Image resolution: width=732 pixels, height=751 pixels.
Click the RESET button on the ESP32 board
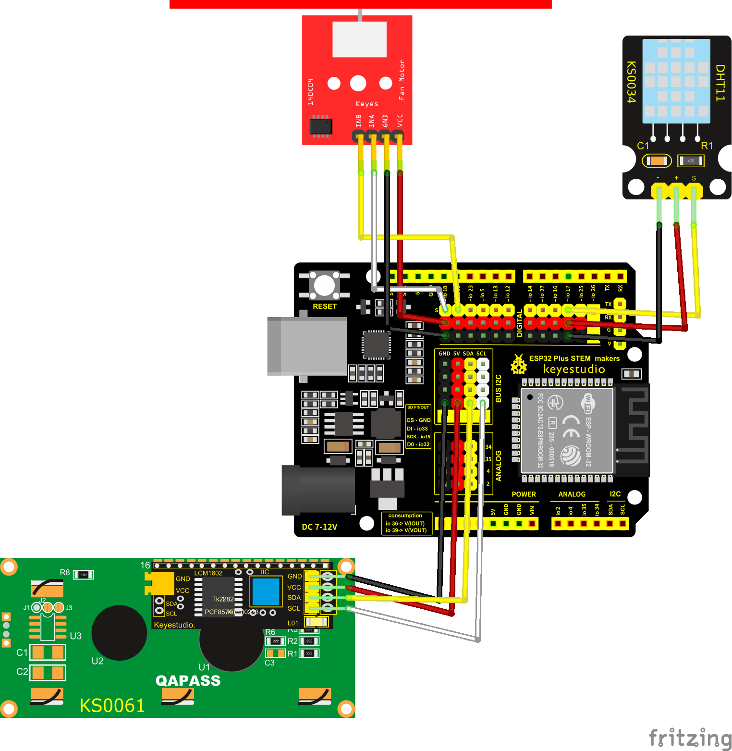pyautogui.click(x=324, y=285)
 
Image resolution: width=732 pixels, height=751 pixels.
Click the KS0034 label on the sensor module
pyautogui.click(x=631, y=82)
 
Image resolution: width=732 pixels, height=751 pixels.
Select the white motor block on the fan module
pyautogui.click(x=359, y=39)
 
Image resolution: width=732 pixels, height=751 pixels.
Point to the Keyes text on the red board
pyautogui.click(x=367, y=104)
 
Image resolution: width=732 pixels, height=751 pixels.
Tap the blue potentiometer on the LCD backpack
pyautogui.click(x=266, y=591)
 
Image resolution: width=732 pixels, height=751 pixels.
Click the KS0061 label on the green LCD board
pyautogui.click(x=112, y=705)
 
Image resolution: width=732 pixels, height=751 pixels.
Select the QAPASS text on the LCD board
pyautogui.click(x=188, y=680)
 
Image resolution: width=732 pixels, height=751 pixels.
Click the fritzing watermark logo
pyautogui.click(x=690, y=738)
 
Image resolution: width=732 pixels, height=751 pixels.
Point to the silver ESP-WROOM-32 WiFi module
pyautogui.click(x=567, y=430)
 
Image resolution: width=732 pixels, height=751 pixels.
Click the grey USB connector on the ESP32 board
pyautogui.click(x=307, y=346)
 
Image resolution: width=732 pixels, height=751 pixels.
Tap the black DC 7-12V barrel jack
pyautogui.click(x=318, y=490)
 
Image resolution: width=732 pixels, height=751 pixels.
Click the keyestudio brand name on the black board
pyautogui.click(x=574, y=369)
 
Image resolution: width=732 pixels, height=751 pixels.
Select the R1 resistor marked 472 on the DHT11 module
pyautogui.click(x=690, y=161)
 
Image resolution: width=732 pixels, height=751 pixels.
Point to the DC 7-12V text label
pyautogui.click(x=319, y=527)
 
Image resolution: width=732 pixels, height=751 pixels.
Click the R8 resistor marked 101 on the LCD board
pyautogui.click(x=84, y=575)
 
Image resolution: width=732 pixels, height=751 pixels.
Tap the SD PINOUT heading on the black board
pyautogui.click(x=418, y=407)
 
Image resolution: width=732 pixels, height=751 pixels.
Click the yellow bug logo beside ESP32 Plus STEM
pyautogui.click(x=518, y=365)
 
